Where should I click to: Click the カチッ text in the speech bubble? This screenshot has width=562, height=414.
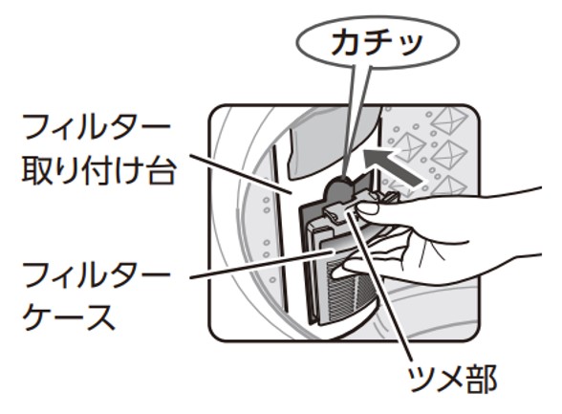(x=377, y=43)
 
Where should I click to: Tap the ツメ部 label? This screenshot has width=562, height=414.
(x=452, y=379)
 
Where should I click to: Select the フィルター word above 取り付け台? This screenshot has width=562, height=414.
(x=96, y=127)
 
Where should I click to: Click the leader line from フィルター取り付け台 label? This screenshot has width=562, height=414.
(x=240, y=175)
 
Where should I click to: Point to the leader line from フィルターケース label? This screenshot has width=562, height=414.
(x=262, y=265)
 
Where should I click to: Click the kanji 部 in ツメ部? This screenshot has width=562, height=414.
(x=483, y=379)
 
